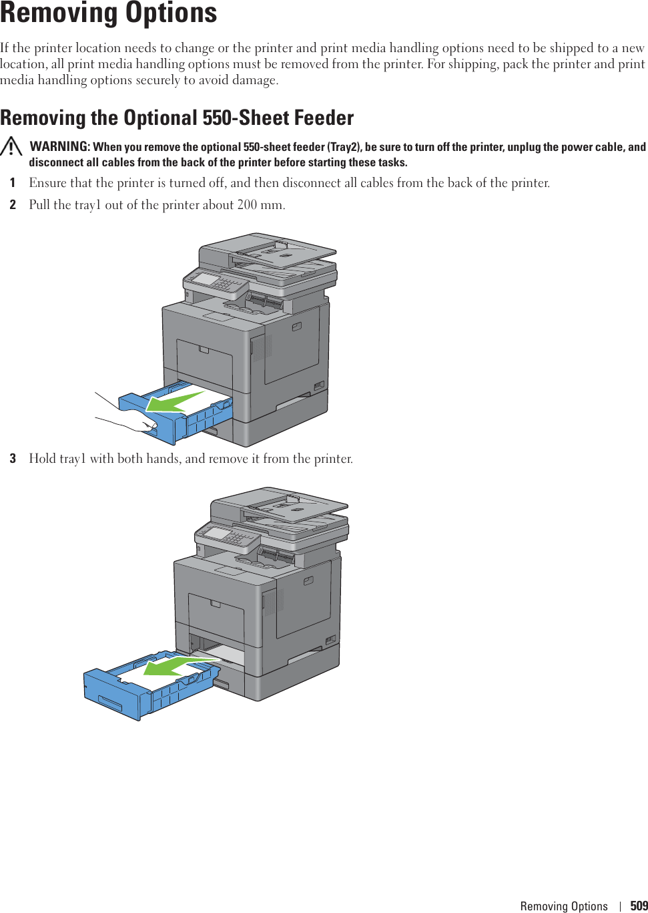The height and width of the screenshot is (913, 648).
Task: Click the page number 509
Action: coord(639,906)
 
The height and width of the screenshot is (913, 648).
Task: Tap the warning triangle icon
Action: coord(11,146)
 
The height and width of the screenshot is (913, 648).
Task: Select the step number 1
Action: coord(13,183)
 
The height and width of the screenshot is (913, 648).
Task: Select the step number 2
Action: coord(13,205)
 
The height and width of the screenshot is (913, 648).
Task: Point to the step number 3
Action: coord(13,459)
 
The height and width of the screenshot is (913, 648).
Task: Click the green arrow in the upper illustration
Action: coord(175,402)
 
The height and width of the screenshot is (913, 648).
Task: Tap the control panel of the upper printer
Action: coord(215,281)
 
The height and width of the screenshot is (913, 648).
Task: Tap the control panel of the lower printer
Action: coord(227,536)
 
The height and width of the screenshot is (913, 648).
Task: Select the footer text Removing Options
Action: coord(564,906)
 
